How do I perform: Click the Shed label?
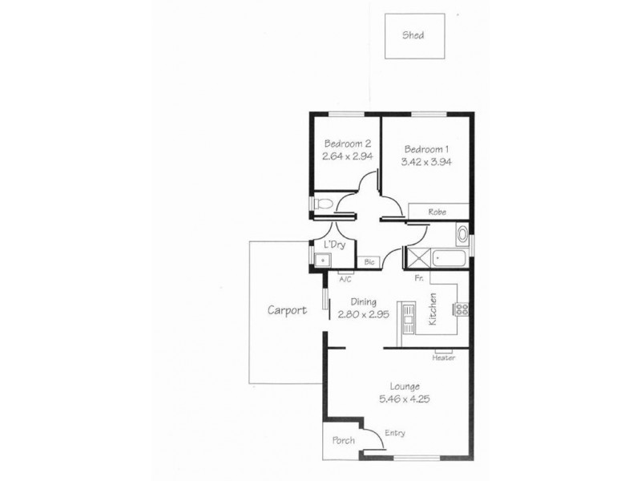[413, 35]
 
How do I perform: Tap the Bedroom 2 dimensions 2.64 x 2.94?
[348, 157]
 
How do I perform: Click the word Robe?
[437, 212]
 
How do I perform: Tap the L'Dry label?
[334, 245]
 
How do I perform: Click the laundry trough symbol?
[321, 260]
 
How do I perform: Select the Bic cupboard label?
[369, 261]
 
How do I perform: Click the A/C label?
[345, 280]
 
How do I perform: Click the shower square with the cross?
[417, 257]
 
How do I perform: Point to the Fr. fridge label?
[418, 279]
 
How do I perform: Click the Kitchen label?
[432, 309]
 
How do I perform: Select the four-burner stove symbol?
[462, 309]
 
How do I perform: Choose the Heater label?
[443, 358]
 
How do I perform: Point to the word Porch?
[343, 441]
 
